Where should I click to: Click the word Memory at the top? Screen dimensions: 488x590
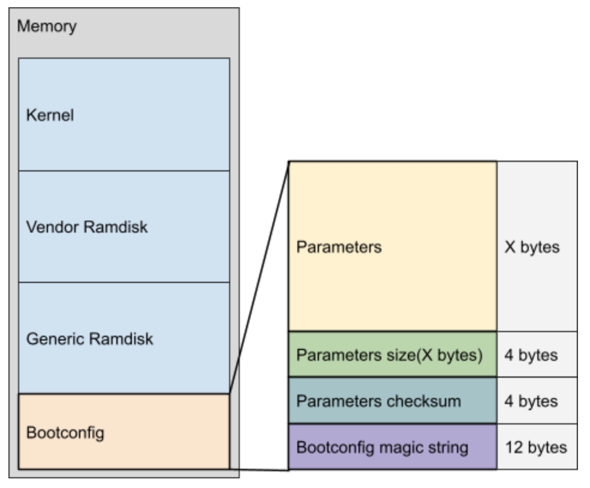47,27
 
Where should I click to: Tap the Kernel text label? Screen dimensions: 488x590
50,115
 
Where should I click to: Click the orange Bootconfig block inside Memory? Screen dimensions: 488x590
124,432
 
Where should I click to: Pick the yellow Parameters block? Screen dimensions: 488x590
393,246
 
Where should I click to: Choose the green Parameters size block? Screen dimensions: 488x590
393,355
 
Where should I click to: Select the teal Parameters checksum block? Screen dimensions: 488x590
393,400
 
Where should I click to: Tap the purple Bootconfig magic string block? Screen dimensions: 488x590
393,447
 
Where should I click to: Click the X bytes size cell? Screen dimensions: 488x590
532,247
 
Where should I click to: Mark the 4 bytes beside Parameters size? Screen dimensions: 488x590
531,355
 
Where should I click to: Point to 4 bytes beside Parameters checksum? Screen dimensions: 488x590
531,401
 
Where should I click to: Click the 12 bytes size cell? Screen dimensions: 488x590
535,447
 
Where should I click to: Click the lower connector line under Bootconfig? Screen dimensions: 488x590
260,469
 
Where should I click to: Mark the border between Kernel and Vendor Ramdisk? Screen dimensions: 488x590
124,171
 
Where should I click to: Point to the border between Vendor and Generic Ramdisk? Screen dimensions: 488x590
124,282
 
